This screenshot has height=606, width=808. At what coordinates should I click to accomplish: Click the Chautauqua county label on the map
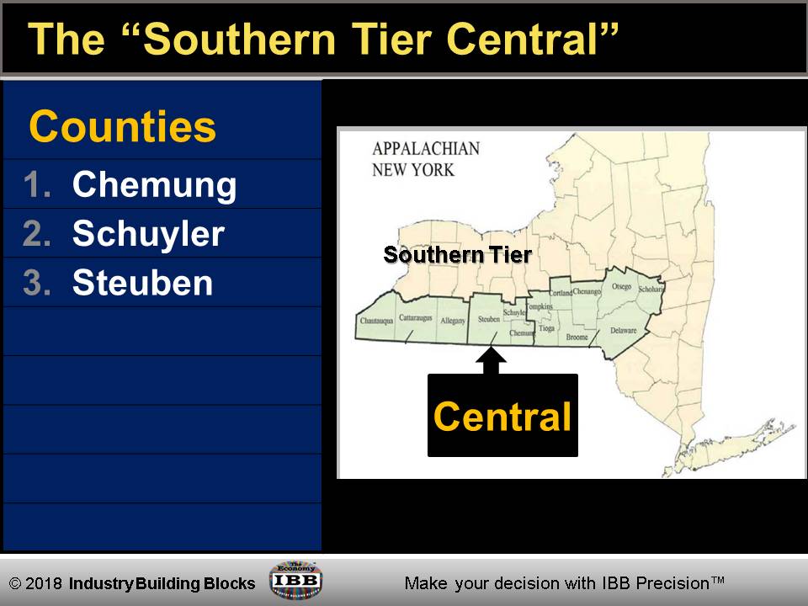(x=377, y=321)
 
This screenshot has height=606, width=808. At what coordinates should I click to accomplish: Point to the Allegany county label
(x=453, y=321)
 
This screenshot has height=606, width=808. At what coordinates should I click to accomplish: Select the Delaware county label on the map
(x=623, y=331)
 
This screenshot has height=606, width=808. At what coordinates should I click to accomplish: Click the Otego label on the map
(x=621, y=287)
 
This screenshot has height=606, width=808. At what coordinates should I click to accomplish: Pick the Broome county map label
(x=577, y=337)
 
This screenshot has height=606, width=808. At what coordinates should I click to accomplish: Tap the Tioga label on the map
(x=547, y=327)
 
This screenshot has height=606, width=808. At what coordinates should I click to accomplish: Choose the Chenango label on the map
(x=587, y=292)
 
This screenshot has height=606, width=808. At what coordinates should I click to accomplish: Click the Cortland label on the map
(x=561, y=293)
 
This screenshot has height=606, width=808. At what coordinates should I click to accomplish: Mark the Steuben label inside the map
(x=489, y=320)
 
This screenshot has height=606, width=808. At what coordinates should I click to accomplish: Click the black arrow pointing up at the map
(x=492, y=359)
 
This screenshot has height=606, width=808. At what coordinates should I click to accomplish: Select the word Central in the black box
(x=502, y=417)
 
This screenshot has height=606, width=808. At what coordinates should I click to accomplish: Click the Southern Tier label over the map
(x=457, y=254)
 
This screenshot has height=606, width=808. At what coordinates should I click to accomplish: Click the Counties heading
(x=123, y=127)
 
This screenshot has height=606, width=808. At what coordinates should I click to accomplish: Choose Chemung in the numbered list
(x=154, y=184)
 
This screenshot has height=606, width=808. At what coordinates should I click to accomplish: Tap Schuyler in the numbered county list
(x=148, y=233)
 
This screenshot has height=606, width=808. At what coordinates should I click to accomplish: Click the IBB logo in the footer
(x=295, y=580)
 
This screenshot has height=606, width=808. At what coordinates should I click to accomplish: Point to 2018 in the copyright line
(x=46, y=583)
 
